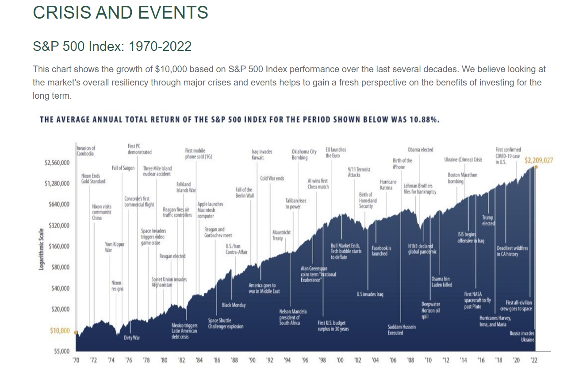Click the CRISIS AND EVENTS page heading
point(120,12)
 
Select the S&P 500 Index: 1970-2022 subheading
point(112,46)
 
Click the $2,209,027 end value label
point(539,160)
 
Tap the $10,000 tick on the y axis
point(59,331)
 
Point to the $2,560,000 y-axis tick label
point(57,163)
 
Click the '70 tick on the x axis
point(76,360)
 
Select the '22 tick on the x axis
point(534,360)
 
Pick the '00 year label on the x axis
point(340,360)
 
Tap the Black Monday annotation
point(234,305)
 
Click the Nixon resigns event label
point(117,285)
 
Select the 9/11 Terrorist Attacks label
point(359,172)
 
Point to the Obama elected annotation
point(420,150)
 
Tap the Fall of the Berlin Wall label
point(244,193)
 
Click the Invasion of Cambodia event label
point(85,151)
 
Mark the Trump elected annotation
point(488,221)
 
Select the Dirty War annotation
point(131,338)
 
